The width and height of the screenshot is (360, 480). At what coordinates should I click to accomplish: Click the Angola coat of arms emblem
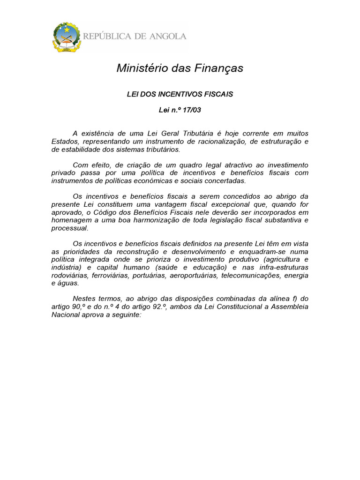point(67,37)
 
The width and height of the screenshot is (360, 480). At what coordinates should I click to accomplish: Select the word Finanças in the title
point(219,68)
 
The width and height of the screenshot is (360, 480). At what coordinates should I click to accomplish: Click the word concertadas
point(221,181)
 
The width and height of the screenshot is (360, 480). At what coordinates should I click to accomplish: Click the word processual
point(69,228)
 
